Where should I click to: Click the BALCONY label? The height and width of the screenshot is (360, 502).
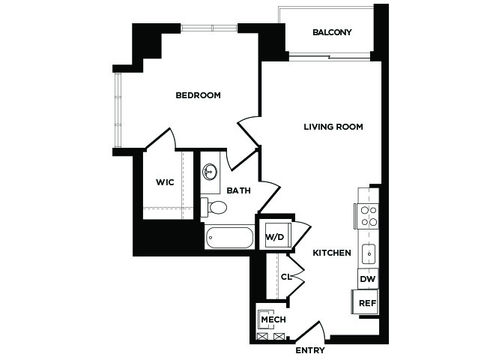[x=332, y=32]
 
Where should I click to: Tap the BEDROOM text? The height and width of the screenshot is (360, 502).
[x=198, y=95]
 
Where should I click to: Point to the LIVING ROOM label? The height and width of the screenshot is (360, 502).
[x=333, y=127]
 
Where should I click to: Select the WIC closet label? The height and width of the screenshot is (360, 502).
[x=165, y=182]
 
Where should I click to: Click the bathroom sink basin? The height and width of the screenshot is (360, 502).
[x=210, y=172]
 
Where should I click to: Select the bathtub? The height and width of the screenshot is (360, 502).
[x=229, y=238]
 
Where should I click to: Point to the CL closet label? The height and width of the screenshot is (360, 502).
[x=286, y=276]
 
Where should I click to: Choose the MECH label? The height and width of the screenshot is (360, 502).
[x=273, y=319]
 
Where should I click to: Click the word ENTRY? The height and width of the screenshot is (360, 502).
[x=310, y=350]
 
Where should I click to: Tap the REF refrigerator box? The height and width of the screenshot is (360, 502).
[x=366, y=302]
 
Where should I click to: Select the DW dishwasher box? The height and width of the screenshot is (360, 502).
[x=368, y=278]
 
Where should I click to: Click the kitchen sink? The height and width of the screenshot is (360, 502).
[x=369, y=254]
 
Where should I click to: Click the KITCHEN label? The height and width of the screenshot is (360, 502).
[x=332, y=253]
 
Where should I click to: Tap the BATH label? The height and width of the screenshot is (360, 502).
[x=238, y=190]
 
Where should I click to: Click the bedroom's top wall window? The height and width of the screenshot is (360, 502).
[x=209, y=28]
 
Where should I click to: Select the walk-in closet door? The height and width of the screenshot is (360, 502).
[x=161, y=139]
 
